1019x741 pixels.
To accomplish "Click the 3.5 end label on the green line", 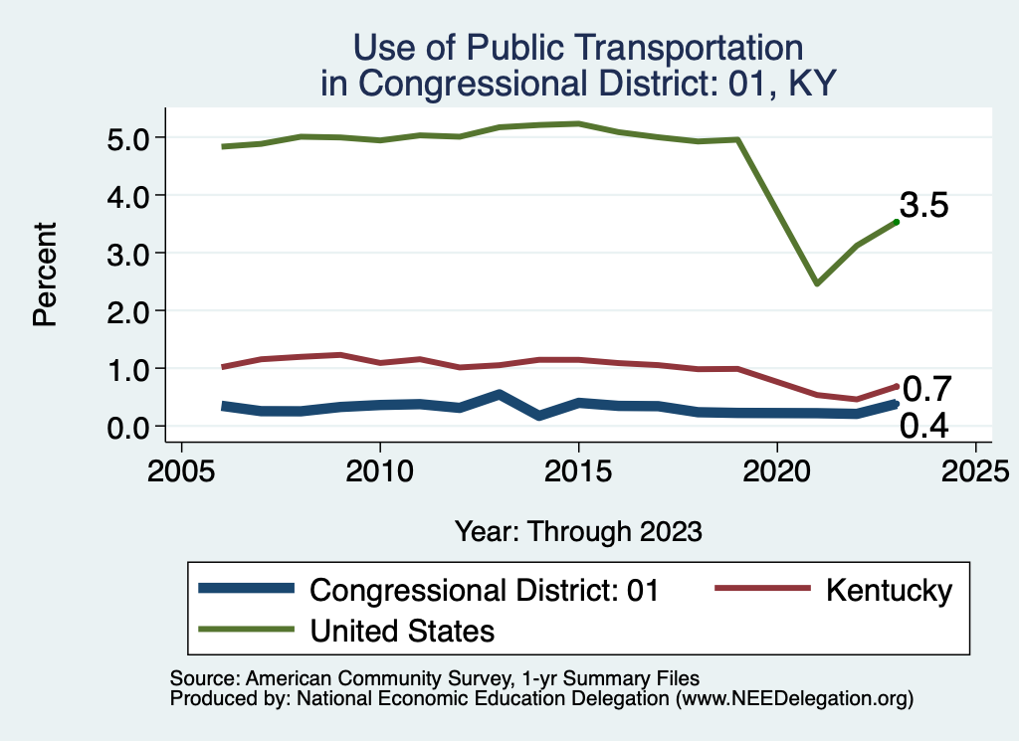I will point(923,206).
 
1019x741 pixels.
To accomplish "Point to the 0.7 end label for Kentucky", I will point(926,389).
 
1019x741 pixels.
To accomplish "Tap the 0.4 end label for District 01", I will point(923,426).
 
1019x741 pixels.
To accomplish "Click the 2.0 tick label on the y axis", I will point(128,311).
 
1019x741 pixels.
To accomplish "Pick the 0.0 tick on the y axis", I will point(128,427).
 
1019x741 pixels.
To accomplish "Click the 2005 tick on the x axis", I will point(181,468).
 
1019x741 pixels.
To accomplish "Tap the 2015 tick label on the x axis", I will point(578,468).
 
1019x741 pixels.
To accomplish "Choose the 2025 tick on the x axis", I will point(975,468).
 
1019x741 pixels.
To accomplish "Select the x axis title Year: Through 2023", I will point(578,531).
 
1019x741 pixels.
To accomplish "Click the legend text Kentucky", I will point(889,590).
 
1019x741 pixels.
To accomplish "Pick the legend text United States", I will point(402,630).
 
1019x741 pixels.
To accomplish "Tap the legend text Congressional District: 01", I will point(485,590).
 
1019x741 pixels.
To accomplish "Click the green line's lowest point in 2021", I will point(816,283).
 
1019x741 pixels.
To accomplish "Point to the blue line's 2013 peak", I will point(499,395).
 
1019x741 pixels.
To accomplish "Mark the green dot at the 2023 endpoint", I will point(896,222).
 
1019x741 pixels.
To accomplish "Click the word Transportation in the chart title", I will point(669,47).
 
